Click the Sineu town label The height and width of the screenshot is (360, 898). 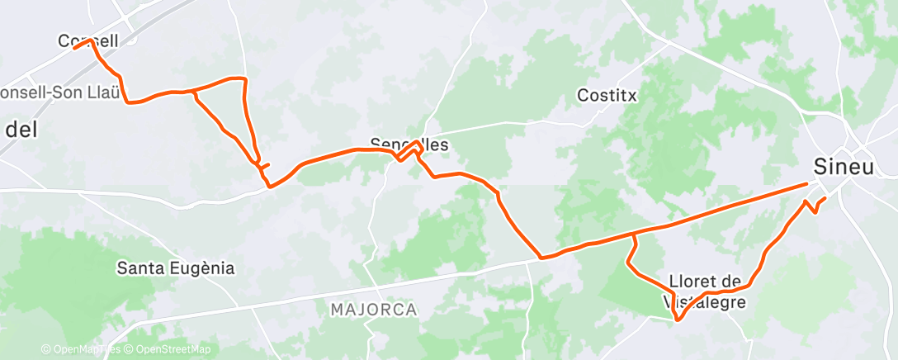844,166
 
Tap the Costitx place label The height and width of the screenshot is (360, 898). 607,95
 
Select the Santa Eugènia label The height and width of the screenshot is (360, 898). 176,268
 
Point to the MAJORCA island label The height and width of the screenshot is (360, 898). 374,310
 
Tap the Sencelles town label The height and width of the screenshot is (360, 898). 409,144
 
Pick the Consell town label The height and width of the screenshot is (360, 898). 88,40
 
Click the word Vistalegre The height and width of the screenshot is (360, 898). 706,303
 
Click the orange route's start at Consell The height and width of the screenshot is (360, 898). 74,48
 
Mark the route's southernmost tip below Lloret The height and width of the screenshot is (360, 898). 677,320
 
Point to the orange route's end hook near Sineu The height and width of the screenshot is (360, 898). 823,200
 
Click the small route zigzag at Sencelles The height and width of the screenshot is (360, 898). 409,151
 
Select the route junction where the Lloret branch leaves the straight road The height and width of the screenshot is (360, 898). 633,235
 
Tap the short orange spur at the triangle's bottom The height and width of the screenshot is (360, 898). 265,166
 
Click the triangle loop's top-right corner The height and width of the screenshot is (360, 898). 244,78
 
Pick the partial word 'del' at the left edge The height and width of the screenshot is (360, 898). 17,130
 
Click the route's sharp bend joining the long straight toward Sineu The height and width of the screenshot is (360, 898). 541,258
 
